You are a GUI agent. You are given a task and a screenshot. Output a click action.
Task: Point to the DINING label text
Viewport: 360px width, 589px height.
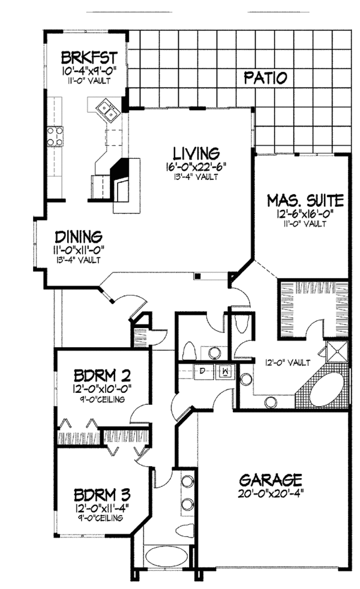79,236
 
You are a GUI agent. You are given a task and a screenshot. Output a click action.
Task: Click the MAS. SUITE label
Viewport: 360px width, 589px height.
305,200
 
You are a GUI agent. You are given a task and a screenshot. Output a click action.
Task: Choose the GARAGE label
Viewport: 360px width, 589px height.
270,480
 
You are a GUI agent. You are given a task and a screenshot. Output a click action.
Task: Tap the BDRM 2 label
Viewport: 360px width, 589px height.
101,377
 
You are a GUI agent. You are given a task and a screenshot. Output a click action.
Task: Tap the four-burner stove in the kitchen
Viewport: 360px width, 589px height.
57,136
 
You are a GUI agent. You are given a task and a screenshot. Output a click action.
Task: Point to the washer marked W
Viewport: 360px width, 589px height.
225,371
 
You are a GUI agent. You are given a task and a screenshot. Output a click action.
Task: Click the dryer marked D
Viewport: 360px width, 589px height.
204,371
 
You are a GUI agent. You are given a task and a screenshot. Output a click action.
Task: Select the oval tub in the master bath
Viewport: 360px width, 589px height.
324,387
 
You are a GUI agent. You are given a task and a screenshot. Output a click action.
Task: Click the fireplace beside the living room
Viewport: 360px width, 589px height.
122,180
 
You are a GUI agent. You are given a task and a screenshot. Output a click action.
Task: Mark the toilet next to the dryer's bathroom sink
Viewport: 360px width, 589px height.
188,350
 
